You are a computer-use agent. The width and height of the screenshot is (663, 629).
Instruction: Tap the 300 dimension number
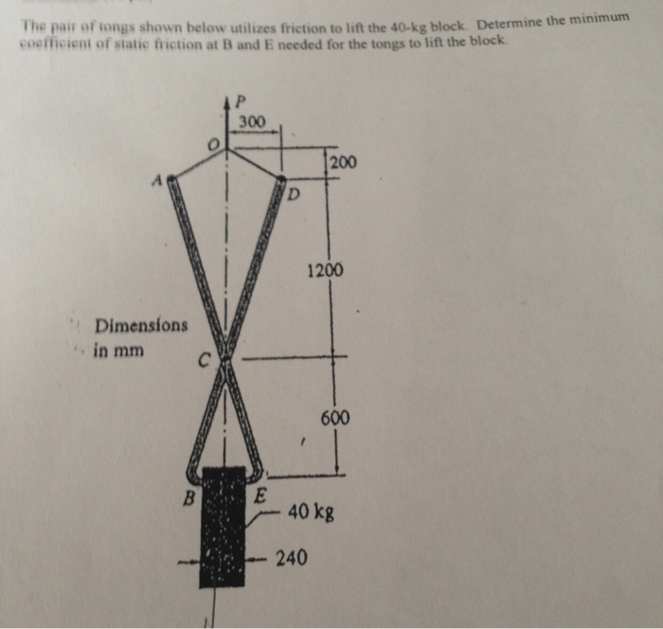(252, 121)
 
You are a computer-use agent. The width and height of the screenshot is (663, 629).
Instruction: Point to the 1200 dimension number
(325, 272)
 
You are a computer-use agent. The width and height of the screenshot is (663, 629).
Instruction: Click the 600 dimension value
(334, 418)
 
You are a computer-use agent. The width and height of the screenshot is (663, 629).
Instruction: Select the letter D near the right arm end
(294, 196)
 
